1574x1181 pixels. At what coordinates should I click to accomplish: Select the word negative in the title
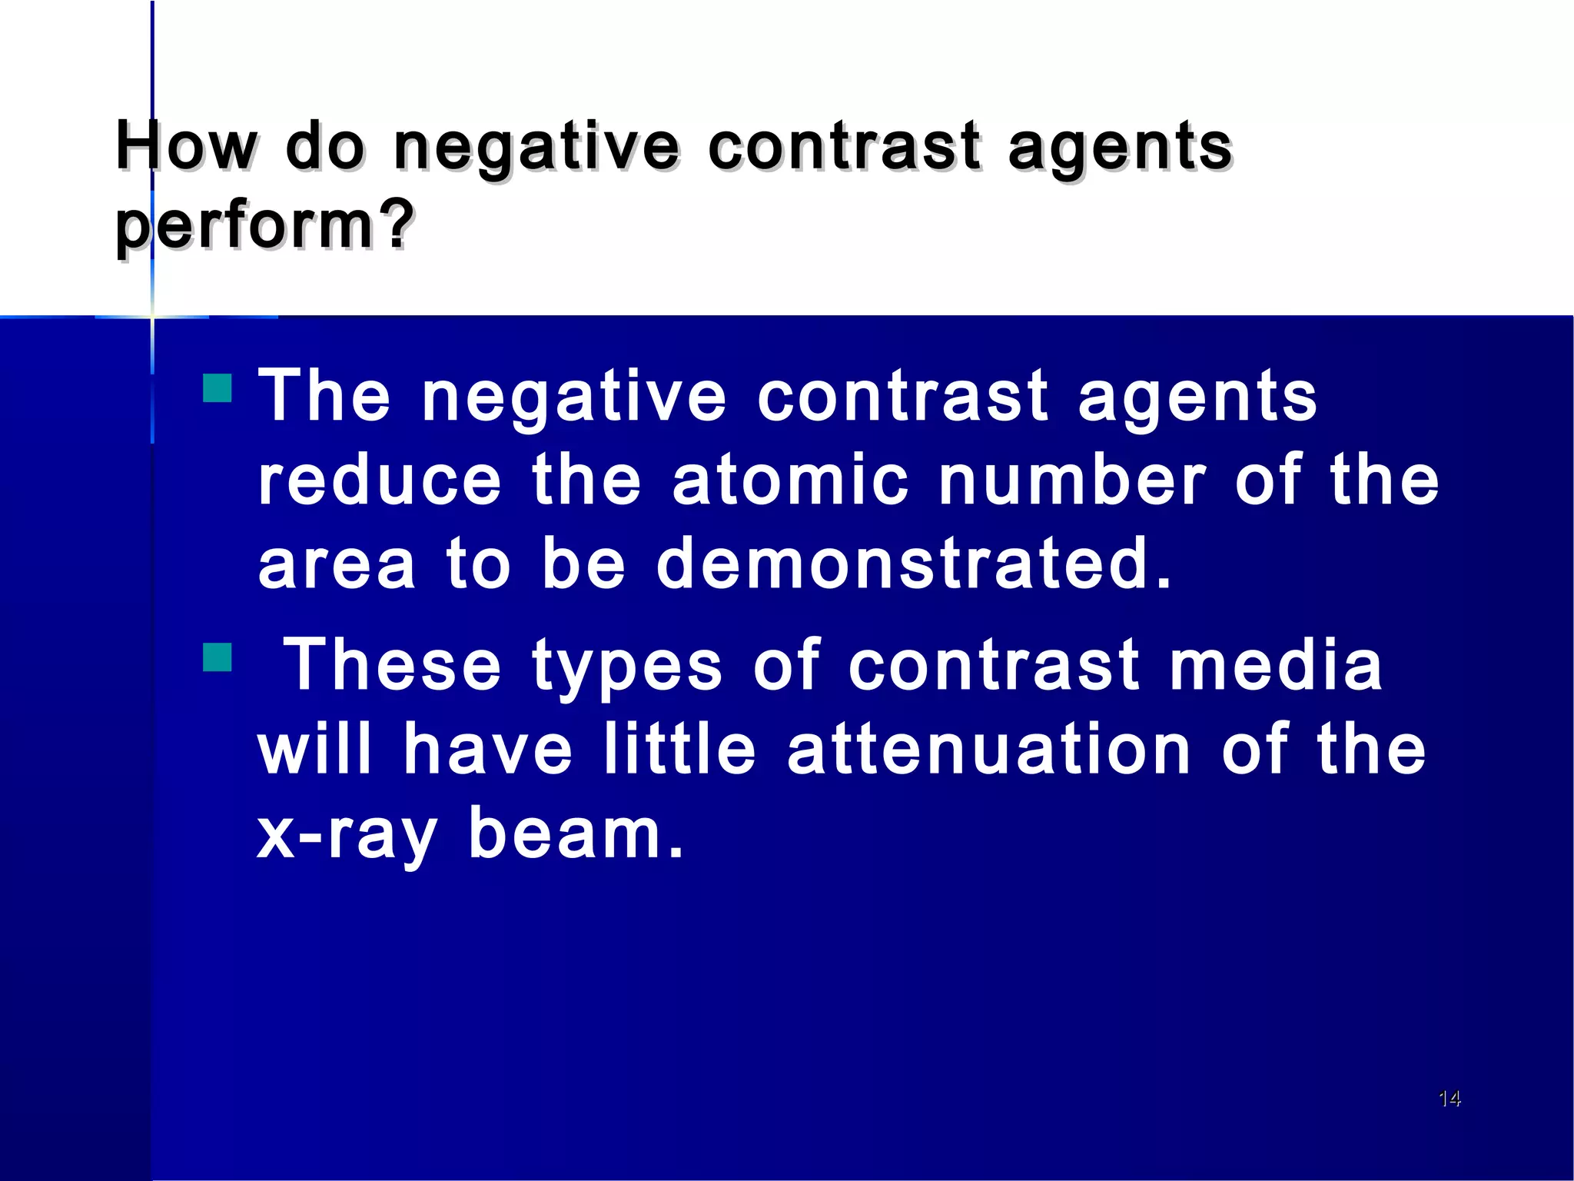point(536,147)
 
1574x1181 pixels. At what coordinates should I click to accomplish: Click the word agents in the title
point(1120,148)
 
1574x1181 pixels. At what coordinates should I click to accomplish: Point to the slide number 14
point(1449,1099)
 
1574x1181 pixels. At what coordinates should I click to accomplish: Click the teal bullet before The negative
point(218,388)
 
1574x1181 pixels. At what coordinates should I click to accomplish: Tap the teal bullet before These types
point(218,657)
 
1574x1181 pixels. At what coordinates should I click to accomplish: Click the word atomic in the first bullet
point(790,481)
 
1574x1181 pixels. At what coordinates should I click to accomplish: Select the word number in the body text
point(1072,481)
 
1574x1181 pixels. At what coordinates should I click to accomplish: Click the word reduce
point(380,481)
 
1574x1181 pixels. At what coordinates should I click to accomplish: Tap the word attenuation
point(989,750)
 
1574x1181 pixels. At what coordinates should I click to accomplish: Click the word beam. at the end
point(576,833)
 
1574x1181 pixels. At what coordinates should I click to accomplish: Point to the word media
point(1276,665)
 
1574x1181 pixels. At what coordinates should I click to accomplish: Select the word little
point(680,750)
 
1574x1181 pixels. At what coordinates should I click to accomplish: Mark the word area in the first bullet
point(337,565)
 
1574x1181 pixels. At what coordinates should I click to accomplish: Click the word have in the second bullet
point(488,750)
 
